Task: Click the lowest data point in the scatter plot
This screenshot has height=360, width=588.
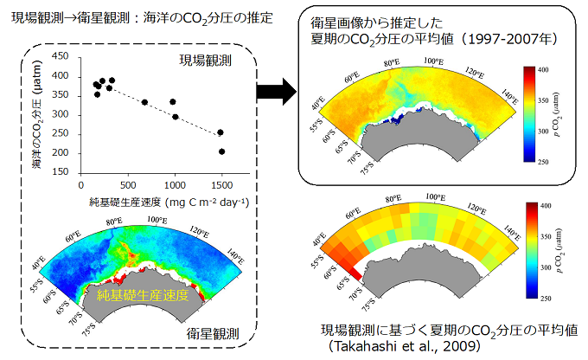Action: pyautogui.click(x=222, y=151)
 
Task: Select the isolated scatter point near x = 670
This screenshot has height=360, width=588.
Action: pyautogui.click(x=144, y=102)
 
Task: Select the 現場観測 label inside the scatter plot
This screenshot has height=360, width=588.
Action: pyautogui.click(x=205, y=60)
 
